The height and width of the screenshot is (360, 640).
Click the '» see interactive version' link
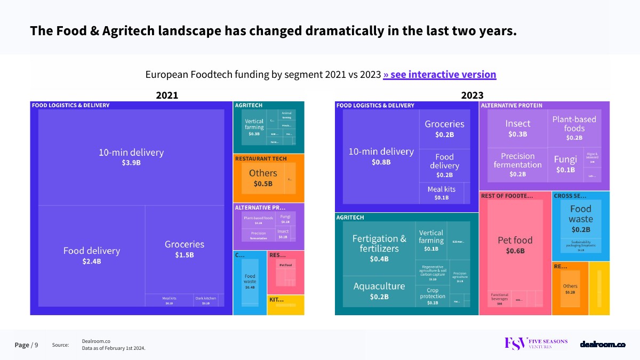click(x=439, y=75)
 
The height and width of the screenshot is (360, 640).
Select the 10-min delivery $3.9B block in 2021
click(x=131, y=157)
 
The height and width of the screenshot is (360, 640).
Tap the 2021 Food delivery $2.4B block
click(x=92, y=255)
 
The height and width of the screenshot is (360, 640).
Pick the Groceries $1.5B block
click(x=185, y=249)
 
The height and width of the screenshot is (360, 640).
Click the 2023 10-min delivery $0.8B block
click(x=381, y=156)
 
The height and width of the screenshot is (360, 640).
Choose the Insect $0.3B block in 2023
click(x=517, y=128)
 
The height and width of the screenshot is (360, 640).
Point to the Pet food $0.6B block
click(x=515, y=245)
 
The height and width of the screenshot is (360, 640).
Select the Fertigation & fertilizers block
click(x=379, y=248)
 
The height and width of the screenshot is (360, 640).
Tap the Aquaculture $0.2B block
click(x=379, y=291)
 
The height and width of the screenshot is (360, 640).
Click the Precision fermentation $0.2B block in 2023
click(x=517, y=164)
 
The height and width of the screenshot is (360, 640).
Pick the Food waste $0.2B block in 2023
click(x=580, y=219)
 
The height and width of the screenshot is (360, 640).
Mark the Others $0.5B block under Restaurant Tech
click(x=263, y=178)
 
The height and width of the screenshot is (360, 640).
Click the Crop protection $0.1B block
click(x=432, y=297)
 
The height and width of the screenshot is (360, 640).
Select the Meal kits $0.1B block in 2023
click(x=441, y=193)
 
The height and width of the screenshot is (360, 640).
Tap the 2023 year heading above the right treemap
click(x=472, y=95)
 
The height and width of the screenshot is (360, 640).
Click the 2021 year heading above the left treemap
click(x=167, y=95)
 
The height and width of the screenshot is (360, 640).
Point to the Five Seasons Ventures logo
click(x=536, y=344)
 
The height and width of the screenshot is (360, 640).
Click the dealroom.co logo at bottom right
click(x=603, y=345)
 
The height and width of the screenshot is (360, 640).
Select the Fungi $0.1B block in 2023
click(x=565, y=164)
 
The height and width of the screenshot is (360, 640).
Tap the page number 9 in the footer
click(x=36, y=345)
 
